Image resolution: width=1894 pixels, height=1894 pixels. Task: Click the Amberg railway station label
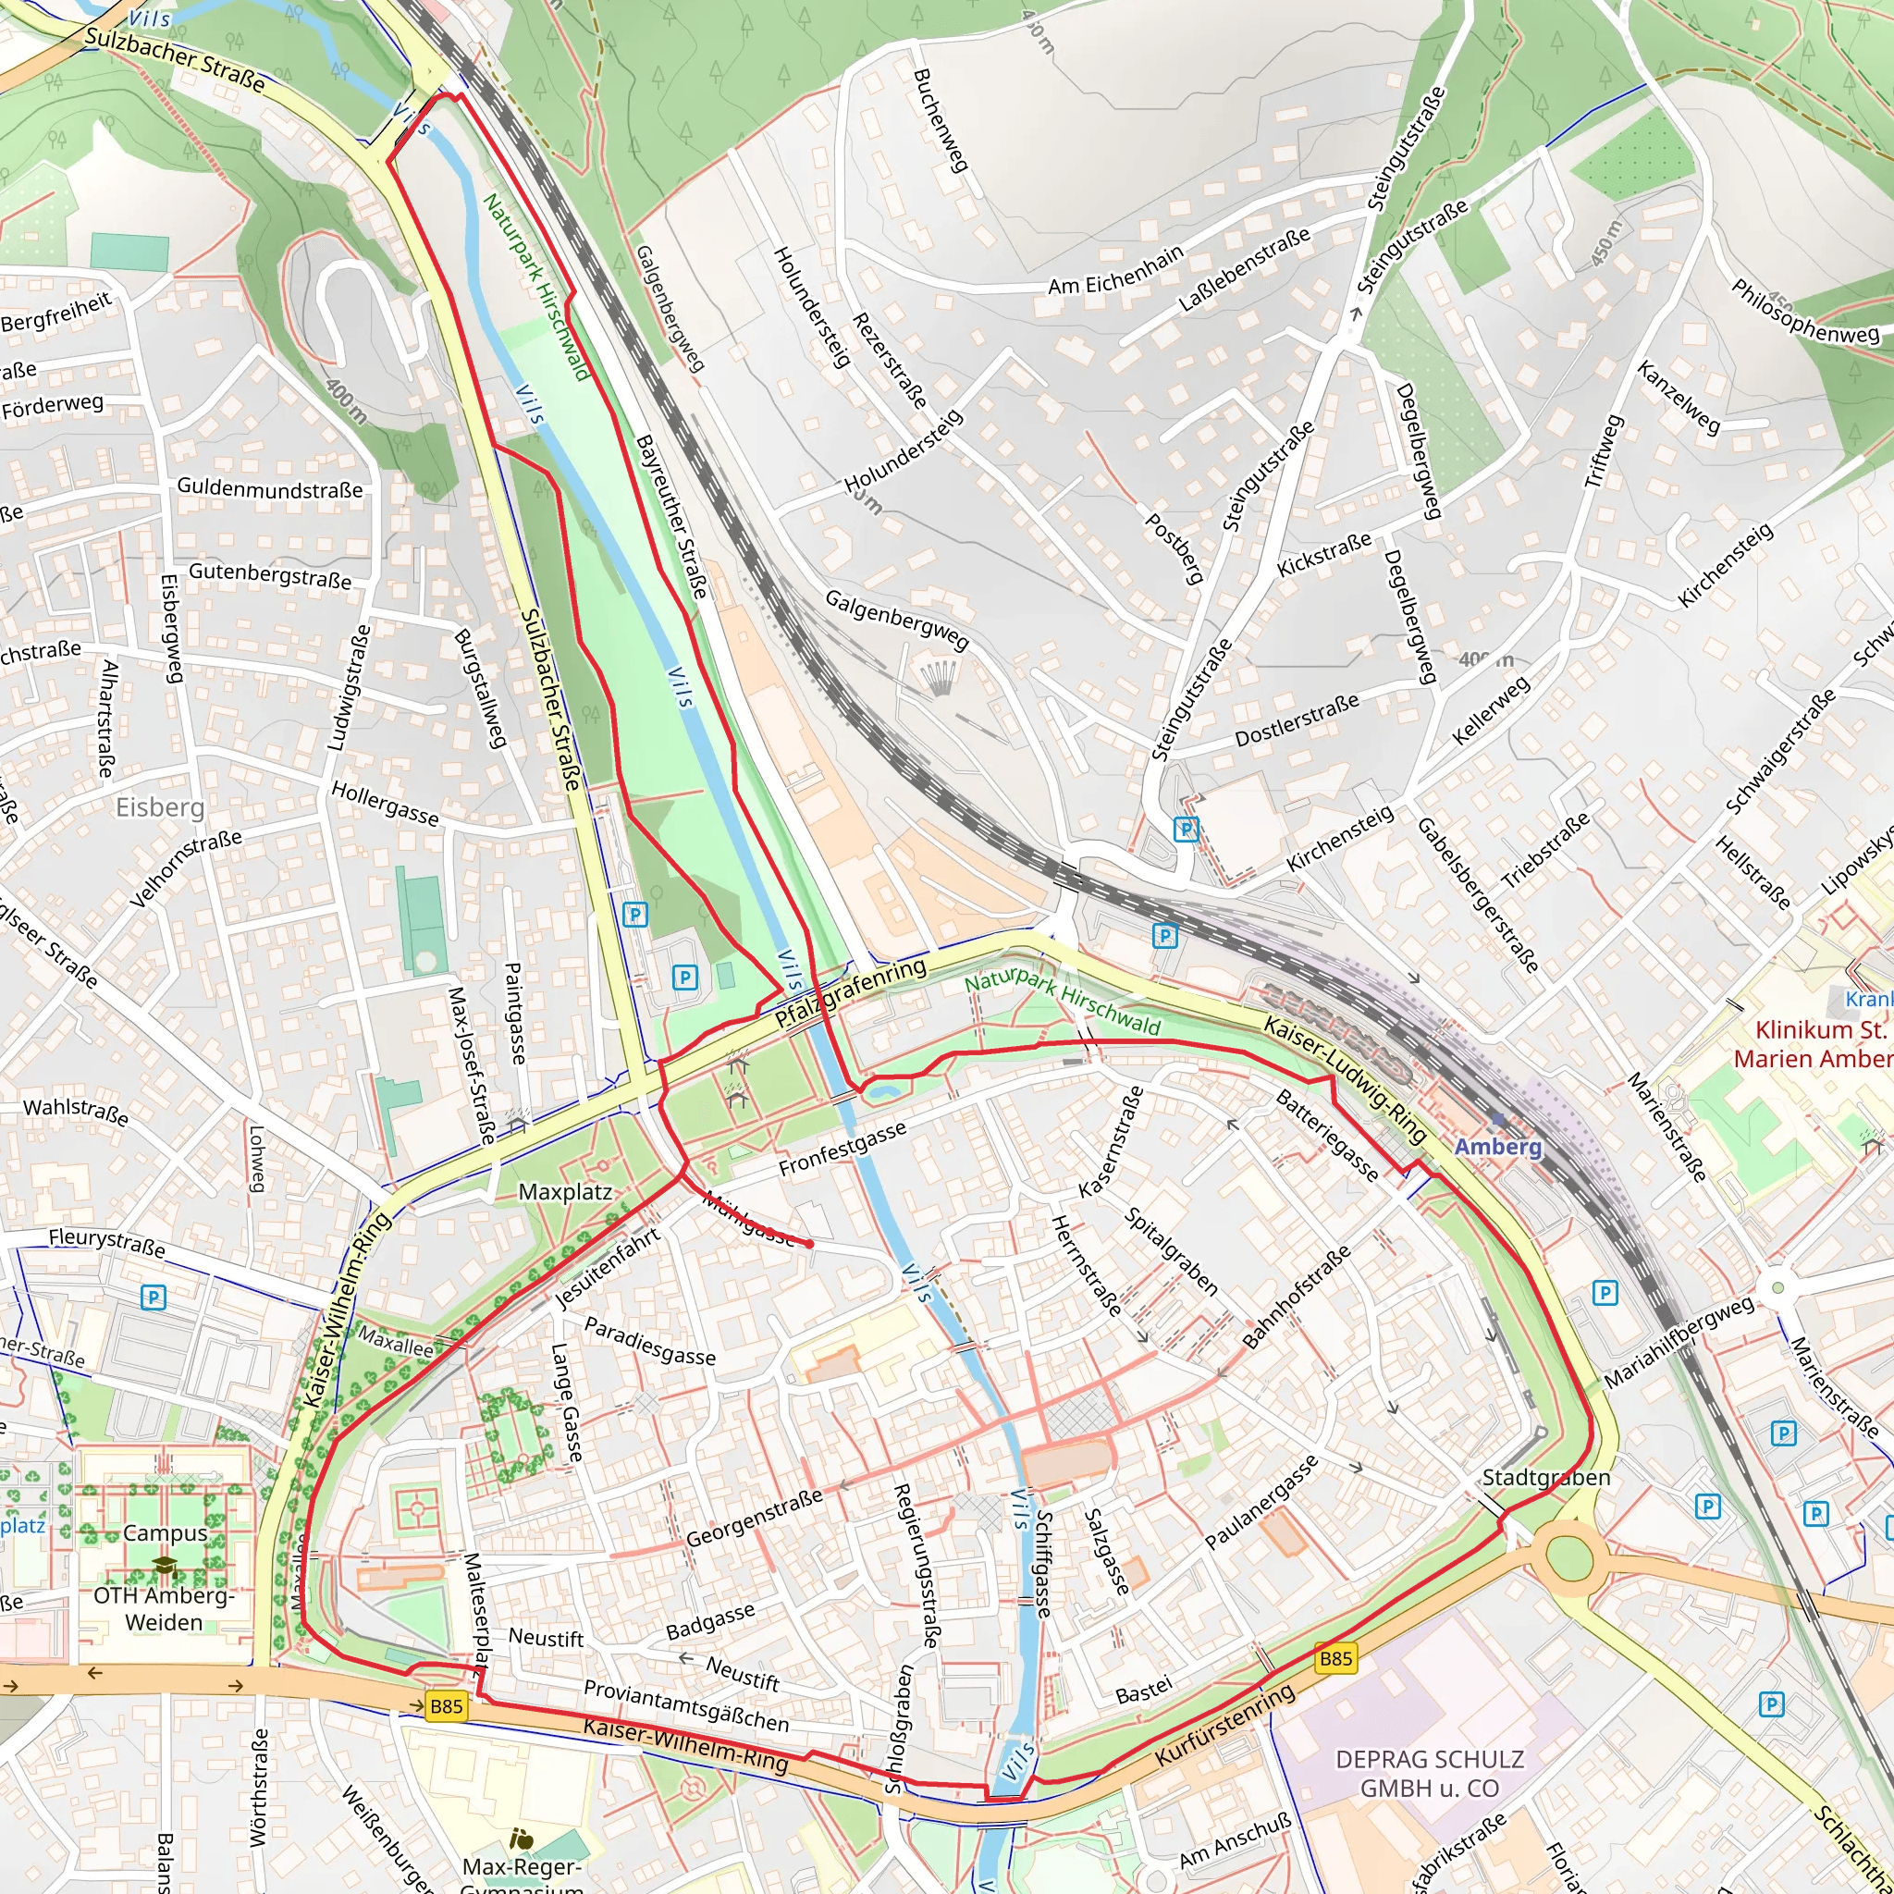[1497, 1146]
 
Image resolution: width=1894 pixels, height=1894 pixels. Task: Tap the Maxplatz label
[565, 1192]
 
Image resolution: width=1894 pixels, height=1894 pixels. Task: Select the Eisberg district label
[161, 806]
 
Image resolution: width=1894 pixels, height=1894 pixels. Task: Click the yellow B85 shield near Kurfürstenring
[1335, 1659]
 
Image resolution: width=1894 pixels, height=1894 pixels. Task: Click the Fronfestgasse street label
[842, 1150]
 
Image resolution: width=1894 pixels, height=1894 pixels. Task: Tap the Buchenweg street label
[941, 119]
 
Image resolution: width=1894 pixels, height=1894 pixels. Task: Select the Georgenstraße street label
[754, 1519]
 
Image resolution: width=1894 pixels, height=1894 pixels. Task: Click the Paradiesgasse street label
[649, 1341]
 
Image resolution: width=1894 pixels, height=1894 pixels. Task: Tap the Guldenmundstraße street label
[270, 488]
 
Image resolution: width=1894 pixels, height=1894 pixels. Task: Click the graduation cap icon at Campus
[164, 1565]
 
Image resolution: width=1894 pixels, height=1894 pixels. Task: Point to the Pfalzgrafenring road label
[850, 993]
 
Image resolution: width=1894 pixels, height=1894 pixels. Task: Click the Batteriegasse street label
[1327, 1134]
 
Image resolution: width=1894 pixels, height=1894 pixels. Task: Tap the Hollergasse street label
[386, 803]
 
